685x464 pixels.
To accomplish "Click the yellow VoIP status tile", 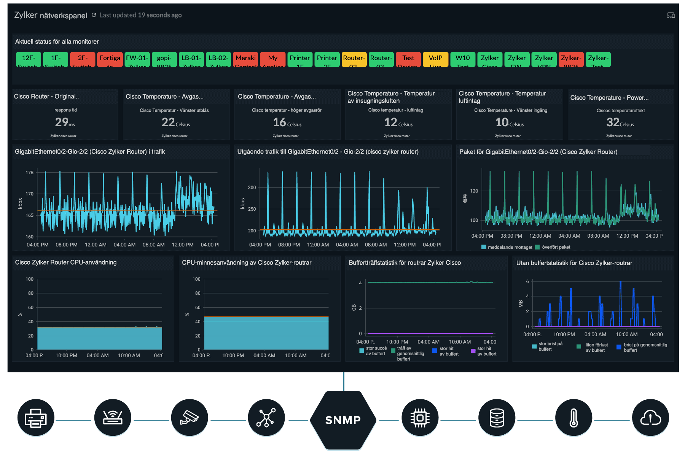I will point(435,59).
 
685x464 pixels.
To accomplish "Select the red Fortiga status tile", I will point(110,59).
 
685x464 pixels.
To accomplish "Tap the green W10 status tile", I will point(462,59).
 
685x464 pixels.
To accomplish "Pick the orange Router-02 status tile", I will point(354,59).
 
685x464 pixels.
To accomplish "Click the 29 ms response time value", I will point(65,122).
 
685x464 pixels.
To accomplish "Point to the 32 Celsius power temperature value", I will point(620,122).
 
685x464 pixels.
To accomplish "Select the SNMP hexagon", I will point(343,420).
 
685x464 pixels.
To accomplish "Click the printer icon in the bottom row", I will point(36,418).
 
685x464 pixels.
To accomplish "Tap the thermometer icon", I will point(573,418).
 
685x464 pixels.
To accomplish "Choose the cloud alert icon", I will point(650,418).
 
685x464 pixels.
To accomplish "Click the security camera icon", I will point(189,418).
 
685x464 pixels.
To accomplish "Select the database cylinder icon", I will point(497,418).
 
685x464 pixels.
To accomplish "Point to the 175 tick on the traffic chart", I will point(29,173).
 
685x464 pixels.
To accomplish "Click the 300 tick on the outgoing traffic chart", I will point(252,188).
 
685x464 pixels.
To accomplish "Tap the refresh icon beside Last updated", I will point(94,15).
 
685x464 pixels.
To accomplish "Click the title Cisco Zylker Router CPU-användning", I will point(66,262).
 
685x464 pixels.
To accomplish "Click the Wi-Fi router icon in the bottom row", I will point(113,418).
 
